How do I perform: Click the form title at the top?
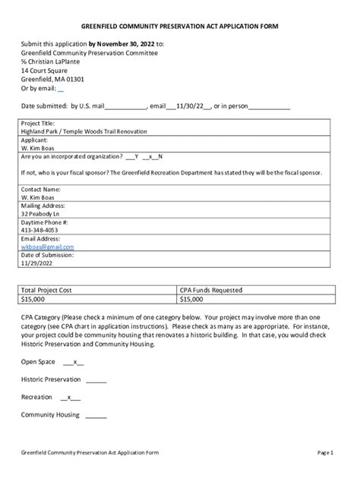pos(179,26)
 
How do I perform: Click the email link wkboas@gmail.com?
pos(47,247)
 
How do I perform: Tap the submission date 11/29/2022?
pos(38,263)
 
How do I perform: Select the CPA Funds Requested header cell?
pos(211,290)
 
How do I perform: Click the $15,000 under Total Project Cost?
pos(33,299)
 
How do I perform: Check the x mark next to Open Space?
pos(75,362)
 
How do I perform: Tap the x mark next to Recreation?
pos(70,397)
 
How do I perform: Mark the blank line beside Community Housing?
pos(96,415)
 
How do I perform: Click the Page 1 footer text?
pos(325,453)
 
